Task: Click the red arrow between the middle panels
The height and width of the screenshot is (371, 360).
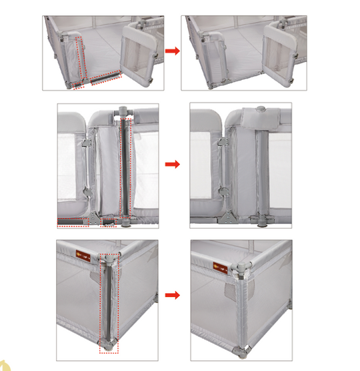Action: point(173,163)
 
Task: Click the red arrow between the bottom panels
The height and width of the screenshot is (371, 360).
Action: point(173,294)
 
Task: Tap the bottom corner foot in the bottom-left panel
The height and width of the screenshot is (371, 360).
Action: point(107,346)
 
